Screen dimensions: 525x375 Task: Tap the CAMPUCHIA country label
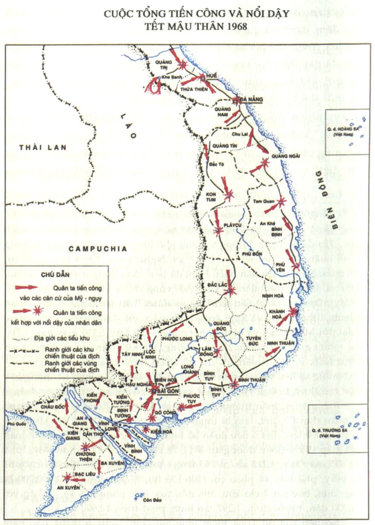(x=96, y=249)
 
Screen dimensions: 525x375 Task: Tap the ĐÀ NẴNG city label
(x=251, y=100)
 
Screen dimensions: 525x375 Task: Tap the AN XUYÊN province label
(x=65, y=488)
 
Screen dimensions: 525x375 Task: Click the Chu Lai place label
(x=240, y=134)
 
